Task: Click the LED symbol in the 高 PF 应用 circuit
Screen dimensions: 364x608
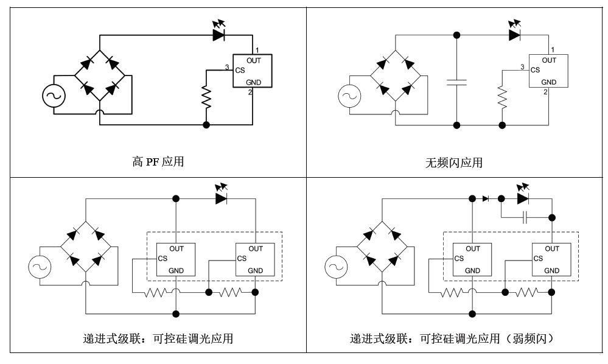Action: pyautogui.click(x=220, y=35)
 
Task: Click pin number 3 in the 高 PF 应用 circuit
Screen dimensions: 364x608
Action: pyautogui.click(x=227, y=67)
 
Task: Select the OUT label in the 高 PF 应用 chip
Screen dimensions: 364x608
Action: pyautogui.click(x=254, y=60)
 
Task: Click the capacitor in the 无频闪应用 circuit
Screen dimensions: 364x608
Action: pyautogui.click(x=456, y=82)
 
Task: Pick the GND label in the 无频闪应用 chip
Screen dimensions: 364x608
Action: pyautogui.click(x=548, y=82)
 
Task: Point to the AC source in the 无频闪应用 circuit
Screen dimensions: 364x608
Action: pyautogui.click(x=349, y=95)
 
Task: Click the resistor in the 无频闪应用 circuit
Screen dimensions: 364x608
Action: pyautogui.click(x=502, y=96)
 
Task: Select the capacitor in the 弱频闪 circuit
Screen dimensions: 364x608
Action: pyautogui.click(x=525, y=217)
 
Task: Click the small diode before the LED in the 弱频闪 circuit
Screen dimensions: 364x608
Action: pyautogui.click(x=486, y=198)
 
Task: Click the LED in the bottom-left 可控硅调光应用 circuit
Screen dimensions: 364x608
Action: pyautogui.click(x=222, y=198)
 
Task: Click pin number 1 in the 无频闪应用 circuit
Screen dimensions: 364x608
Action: pyautogui.click(x=552, y=49)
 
